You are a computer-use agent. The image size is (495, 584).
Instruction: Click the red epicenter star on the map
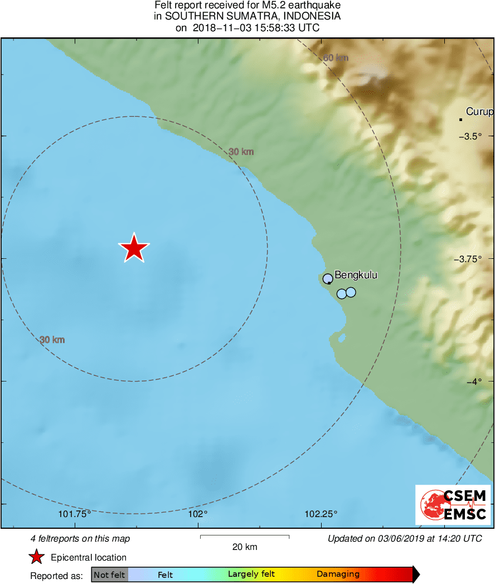point(134,248)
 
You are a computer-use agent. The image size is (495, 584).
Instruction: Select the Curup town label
point(479,112)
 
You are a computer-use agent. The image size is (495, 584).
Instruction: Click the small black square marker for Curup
point(461,119)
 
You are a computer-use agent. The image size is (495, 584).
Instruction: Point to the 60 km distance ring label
point(336,57)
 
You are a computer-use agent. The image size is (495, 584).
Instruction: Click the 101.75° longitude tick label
point(75,514)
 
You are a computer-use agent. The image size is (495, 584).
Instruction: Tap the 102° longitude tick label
point(198,514)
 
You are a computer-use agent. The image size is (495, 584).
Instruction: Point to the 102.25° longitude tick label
point(322,514)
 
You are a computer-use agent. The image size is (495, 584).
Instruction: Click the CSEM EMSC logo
point(453,505)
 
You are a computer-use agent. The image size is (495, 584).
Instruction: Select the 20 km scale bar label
point(245,547)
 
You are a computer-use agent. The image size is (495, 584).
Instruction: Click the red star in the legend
point(37,557)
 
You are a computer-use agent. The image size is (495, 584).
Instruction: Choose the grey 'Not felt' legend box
point(110,575)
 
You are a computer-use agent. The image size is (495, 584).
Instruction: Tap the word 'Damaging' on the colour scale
point(338,575)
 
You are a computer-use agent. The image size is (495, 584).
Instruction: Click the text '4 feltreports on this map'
point(80,539)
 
